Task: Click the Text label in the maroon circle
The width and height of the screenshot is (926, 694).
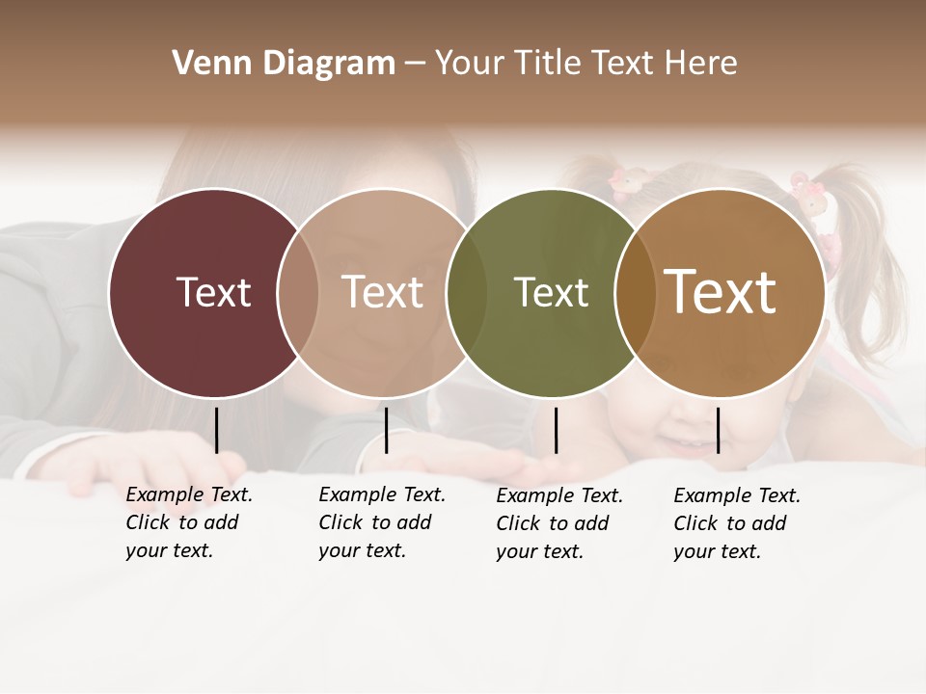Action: click(x=213, y=292)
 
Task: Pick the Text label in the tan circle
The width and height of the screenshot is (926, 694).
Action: click(x=383, y=292)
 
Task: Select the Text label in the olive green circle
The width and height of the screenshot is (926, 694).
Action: click(x=551, y=292)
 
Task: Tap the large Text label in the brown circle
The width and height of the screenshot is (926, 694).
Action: click(x=721, y=292)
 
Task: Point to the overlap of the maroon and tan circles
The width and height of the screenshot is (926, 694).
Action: click(x=298, y=292)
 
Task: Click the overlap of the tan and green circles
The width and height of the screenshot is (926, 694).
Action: click(x=467, y=292)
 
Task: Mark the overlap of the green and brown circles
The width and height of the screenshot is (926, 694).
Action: click(x=636, y=292)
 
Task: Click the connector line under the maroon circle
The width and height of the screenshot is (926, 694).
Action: click(x=216, y=430)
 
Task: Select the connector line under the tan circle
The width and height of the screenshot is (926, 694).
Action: click(x=386, y=430)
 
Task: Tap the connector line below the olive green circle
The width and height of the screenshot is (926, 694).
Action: click(x=556, y=430)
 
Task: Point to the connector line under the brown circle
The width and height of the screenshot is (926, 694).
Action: click(x=718, y=430)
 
